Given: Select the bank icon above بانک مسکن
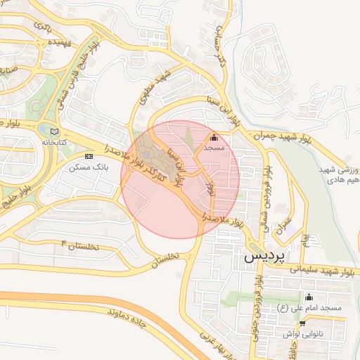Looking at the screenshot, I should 89,156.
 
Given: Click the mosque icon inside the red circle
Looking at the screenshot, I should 214,139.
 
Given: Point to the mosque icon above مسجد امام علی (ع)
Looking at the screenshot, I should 309,297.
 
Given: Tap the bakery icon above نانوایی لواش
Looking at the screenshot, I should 302,324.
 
